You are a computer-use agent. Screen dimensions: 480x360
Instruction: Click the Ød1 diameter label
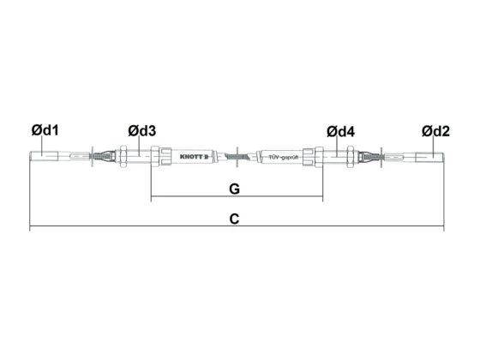click(45, 130)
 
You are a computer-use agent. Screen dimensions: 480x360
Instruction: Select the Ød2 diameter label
click(435, 131)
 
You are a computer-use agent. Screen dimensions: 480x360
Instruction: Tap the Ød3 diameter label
click(142, 130)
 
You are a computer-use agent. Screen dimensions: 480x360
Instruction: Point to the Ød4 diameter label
click(340, 132)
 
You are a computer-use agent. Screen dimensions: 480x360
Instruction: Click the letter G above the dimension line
click(235, 189)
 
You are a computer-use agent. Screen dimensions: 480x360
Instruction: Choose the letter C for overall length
click(234, 219)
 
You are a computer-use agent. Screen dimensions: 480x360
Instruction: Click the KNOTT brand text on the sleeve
click(194, 157)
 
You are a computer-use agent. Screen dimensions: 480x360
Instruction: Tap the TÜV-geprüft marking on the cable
click(283, 158)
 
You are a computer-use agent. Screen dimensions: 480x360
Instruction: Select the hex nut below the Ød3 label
click(123, 156)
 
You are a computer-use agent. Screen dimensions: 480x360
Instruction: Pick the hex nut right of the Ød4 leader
click(351, 156)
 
